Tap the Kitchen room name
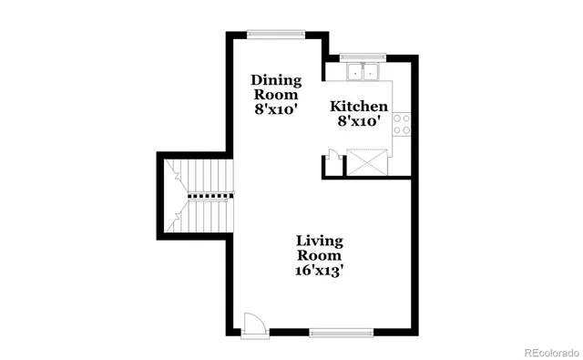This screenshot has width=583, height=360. coord(358,107)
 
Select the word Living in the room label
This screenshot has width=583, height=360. coord(319,242)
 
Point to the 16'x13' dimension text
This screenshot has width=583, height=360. coord(319,272)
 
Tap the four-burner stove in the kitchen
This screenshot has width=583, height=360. coord(403,123)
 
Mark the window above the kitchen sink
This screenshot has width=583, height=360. coord(363,57)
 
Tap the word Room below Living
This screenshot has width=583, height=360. coord(319,256)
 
